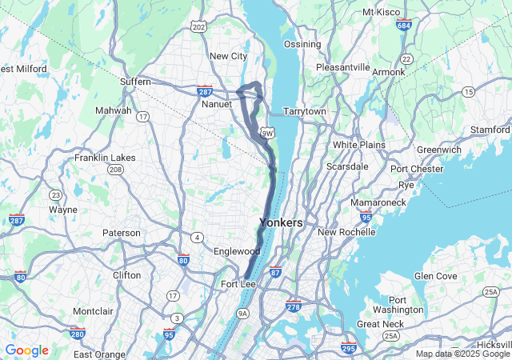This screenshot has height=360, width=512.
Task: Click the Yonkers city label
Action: pos(281,222)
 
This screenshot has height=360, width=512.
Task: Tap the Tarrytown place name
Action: pos(304,111)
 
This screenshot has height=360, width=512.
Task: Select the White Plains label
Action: pos(359,145)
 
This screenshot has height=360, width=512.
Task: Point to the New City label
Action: pos(228,56)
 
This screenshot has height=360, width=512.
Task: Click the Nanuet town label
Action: pos(217,104)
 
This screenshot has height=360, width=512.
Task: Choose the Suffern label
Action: pos(135,82)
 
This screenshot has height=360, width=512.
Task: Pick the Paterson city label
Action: pos(122,233)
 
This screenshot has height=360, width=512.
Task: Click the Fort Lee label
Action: pos(238,284)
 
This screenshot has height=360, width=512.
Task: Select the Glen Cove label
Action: pos(435,276)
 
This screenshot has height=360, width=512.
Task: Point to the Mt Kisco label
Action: pos(382,12)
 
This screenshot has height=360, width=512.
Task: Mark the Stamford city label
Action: pos(490,130)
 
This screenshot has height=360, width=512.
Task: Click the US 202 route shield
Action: pos(199,27)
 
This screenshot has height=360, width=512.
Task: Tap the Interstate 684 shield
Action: pos(404,26)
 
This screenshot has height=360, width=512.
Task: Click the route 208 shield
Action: pos(116,170)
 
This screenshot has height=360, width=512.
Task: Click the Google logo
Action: pos(26,350)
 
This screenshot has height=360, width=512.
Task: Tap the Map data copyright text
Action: pos(462,354)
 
